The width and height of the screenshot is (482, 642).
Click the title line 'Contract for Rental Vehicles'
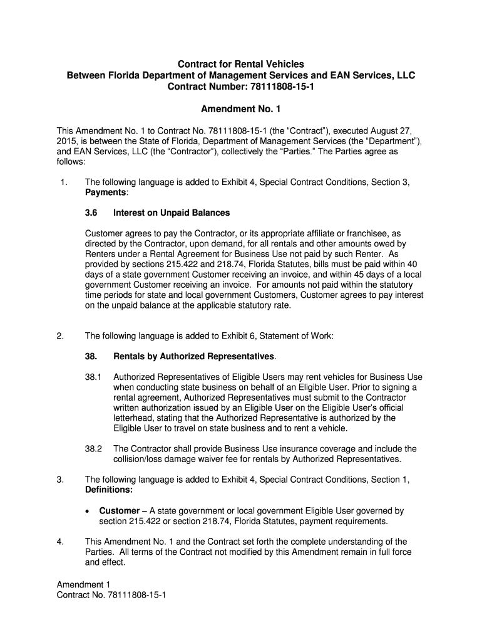point(241,64)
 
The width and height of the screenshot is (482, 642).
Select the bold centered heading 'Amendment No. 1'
point(241,109)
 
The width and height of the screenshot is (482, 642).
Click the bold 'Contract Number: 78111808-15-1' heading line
point(241,87)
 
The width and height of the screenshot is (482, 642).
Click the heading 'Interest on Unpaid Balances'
point(172,213)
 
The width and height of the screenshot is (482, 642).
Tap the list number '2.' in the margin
point(61,336)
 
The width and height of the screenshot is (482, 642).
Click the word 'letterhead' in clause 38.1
point(133,418)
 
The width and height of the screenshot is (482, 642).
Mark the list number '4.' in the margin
point(61,542)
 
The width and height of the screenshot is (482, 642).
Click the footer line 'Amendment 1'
point(83,584)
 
